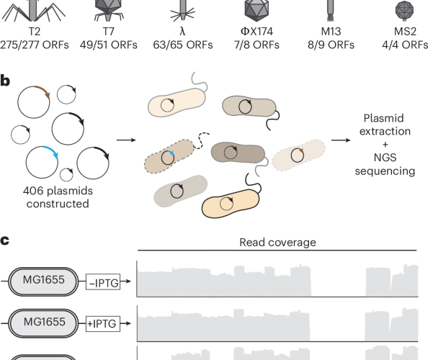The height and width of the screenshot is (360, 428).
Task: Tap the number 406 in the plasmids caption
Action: click(x=27, y=193)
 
